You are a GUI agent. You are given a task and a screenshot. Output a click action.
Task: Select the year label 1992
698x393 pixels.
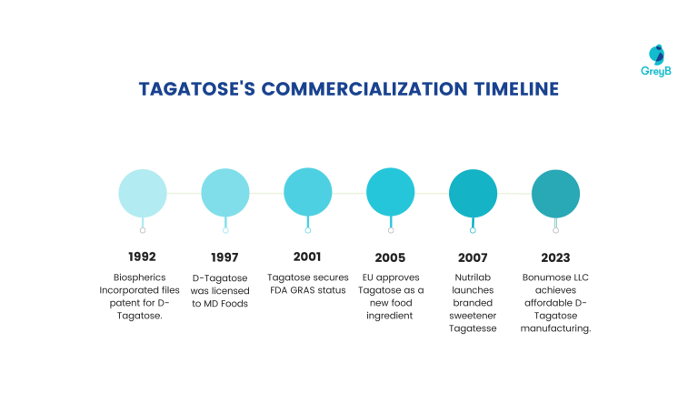(x=143, y=257)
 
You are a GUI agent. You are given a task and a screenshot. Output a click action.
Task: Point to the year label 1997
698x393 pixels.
(x=225, y=257)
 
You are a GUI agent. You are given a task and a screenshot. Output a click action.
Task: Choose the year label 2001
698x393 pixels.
(x=308, y=257)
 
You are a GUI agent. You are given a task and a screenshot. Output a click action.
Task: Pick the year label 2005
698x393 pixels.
(x=390, y=257)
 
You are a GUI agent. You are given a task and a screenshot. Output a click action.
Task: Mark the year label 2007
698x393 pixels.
(x=473, y=257)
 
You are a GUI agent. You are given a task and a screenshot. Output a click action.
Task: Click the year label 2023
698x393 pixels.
(x=555, y=257)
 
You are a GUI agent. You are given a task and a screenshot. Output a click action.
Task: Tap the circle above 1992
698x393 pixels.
(x=143, y=193)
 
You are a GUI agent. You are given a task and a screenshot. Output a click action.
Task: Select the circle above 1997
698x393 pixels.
(x=225, y=193)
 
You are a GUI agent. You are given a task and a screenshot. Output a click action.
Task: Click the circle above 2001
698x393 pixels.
(x=308, y=193)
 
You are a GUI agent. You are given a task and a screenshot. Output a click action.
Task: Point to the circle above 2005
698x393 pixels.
(x=391, y=193)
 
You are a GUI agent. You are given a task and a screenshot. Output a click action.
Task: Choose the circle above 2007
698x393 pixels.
(x=474, y=193)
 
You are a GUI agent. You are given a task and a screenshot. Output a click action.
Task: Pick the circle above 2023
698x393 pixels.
(x=555, y=193)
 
